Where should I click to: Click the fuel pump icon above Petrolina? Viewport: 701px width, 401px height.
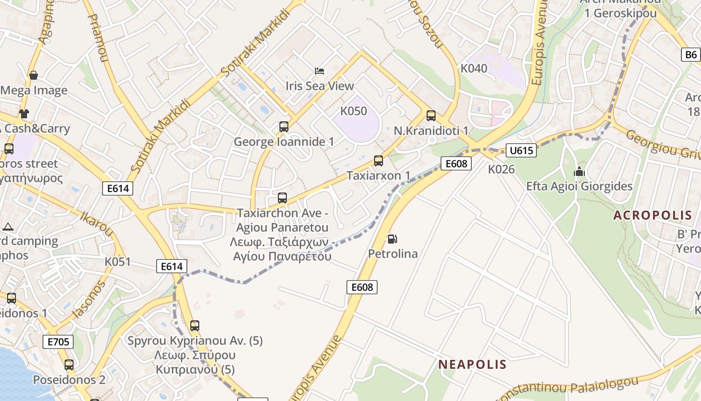(393, 239)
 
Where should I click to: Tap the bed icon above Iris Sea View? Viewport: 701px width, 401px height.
(319, 71)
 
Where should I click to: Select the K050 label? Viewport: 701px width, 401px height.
(354, 111)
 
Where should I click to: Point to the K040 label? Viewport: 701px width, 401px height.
(474, 68)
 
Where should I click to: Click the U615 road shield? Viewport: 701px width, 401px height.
(521, 150)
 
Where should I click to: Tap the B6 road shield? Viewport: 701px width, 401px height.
(691, 55)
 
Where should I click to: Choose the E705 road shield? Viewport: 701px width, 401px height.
(58, 342)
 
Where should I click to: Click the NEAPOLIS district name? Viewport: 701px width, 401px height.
(473, 364)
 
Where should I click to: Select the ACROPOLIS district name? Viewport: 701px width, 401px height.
(653, 216)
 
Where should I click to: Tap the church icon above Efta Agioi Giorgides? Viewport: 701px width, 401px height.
(579, 171)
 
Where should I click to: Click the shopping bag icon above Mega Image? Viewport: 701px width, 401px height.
(34, 75)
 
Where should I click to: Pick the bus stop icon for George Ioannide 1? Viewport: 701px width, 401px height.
(284, 127)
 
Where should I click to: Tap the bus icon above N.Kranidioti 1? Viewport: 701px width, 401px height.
(431, 116)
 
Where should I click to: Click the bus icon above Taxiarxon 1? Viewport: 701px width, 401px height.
(379, 161)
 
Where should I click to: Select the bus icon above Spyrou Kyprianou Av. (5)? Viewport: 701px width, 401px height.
(195, 326)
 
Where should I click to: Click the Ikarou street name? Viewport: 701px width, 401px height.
(97, 223)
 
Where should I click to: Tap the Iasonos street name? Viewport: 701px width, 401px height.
(89, 299)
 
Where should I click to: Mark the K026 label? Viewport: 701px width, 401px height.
(501, 169)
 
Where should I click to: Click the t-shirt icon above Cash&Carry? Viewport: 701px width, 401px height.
(24, 113)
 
